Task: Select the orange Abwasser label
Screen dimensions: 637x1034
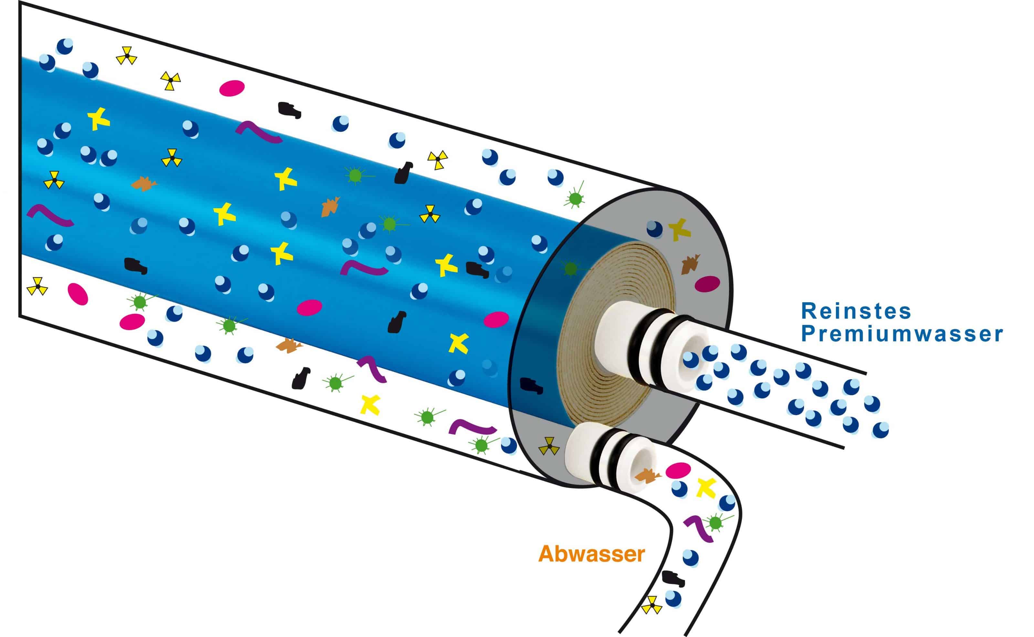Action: point(591,554)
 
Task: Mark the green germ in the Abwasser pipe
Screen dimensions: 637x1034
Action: point(715,522)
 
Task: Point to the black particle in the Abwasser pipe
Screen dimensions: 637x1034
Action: point(673,579)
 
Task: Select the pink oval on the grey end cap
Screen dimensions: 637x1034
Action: point(707,283)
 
